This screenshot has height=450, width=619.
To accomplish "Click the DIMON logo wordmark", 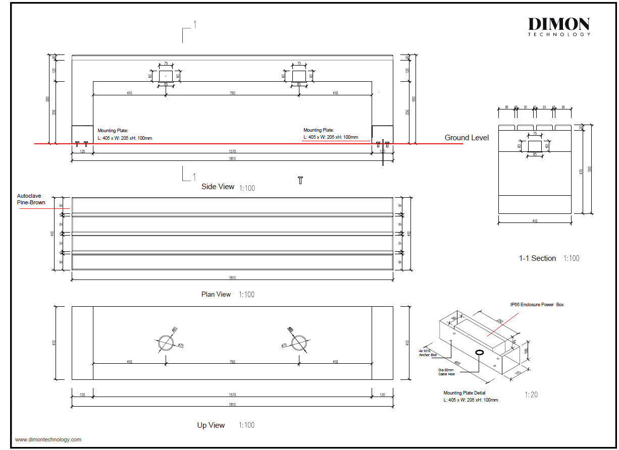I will (559, 24).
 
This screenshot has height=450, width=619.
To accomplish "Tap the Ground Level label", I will (467, 138).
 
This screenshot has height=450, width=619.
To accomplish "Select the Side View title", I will (218, 187).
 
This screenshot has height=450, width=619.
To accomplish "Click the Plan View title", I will (216, 295).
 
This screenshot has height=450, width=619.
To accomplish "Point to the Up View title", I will (211, 425).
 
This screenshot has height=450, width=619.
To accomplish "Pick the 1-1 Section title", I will (537, 258).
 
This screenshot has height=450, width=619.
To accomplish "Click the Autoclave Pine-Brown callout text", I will (31, 199).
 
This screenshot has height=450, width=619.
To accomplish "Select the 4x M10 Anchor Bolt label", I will (427, 353).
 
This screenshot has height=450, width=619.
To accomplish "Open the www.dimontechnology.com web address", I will (48, 440).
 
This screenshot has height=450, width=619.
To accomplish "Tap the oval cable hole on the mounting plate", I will (479, 352).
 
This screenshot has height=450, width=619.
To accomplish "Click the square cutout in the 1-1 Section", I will (535, 146).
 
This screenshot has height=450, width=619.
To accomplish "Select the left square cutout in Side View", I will (166, 76).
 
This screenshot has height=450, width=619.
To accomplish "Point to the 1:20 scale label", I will (531, 395).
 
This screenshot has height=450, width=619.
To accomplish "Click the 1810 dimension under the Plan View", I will (232, 278).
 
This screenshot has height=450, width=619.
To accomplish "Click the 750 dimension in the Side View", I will (232, 93).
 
